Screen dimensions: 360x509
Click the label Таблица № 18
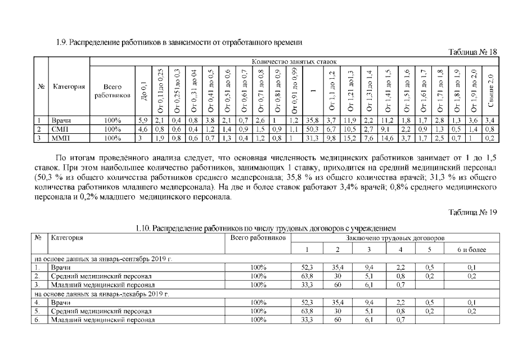473,52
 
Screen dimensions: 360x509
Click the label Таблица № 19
473,211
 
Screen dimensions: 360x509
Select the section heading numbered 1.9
179,43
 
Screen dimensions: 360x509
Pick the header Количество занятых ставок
294,61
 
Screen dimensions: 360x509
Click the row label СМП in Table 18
58,128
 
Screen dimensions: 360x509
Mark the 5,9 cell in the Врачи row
143,120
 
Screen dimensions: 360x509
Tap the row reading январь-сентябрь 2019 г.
101,259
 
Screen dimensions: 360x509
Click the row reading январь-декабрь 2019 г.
101,294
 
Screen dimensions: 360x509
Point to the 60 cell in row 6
338,320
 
